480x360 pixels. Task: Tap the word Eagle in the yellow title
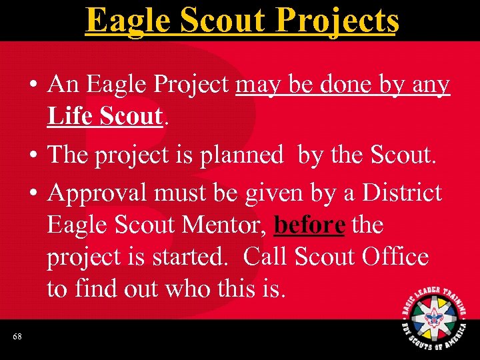point(127,20)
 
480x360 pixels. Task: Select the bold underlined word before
point(309,225)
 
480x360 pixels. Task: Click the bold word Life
point(69,117)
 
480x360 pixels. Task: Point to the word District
point(402,193)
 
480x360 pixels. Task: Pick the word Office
point(391,257)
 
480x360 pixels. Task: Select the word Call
point(265,257)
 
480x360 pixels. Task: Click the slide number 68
point(17,337)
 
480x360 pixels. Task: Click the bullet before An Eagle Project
point(33,86)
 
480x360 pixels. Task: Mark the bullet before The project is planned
point(33,155)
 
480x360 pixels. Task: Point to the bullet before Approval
point(33,193)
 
